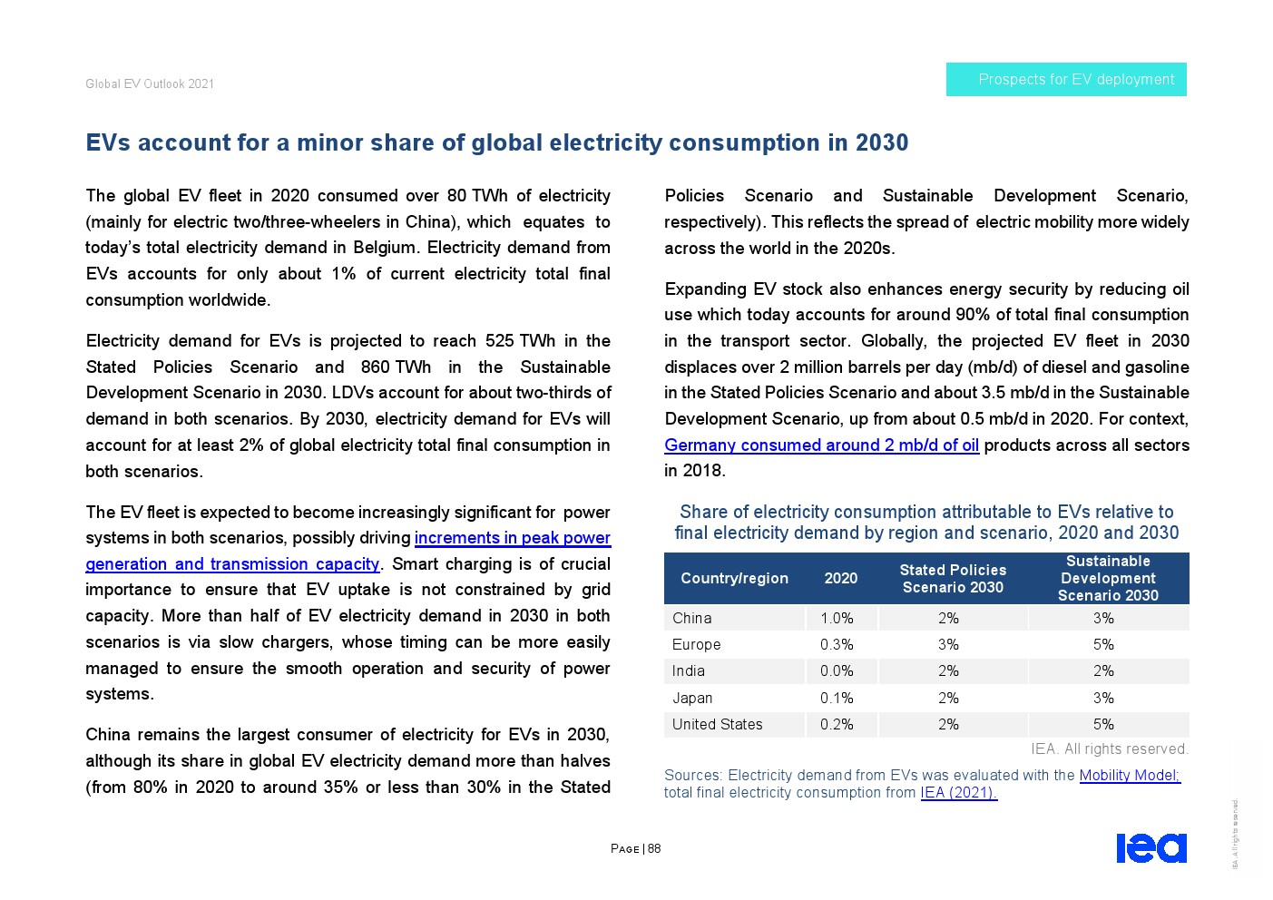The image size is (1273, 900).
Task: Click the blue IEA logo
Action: (x=1151, y=847)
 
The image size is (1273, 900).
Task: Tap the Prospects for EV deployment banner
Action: (x=1066, y=80)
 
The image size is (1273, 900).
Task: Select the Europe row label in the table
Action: (x=696, y=644)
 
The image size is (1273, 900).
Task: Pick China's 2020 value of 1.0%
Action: (x=837, y=618)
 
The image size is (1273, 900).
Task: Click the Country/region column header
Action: (x=734, y=578)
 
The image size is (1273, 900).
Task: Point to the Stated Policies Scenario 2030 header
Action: (x=953, y=578)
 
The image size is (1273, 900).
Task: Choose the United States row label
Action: (x=717, y=724)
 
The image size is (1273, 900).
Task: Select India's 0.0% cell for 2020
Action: (x=837, y=670)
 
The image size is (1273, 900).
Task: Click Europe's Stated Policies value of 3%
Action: (x=948, y=644)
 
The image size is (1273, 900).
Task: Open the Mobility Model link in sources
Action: (x=1129, y=775)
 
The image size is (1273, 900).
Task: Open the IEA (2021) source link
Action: (x=958, y=792)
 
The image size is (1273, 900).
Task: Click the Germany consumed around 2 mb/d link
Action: (x=821, y=445)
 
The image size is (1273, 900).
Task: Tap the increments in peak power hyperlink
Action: (x=512, y=538)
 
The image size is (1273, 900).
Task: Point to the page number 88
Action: (x=654, y=849)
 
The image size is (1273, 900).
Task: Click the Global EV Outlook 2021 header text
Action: (x=150, y=83)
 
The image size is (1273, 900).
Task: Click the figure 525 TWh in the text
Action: (x=520, y=341)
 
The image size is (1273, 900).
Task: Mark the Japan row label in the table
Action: (x=692, y=698)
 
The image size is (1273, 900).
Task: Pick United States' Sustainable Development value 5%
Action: (x=1103, y=724)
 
